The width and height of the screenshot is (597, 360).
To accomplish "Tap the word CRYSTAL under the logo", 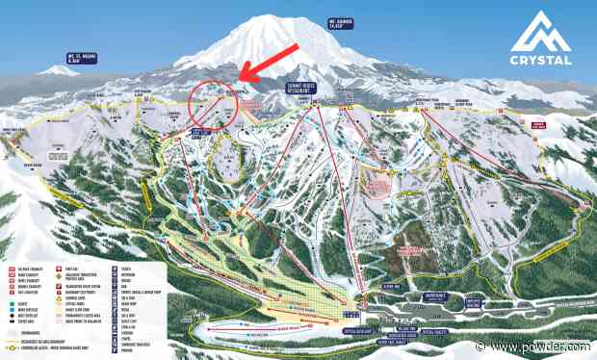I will pos(543,60).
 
